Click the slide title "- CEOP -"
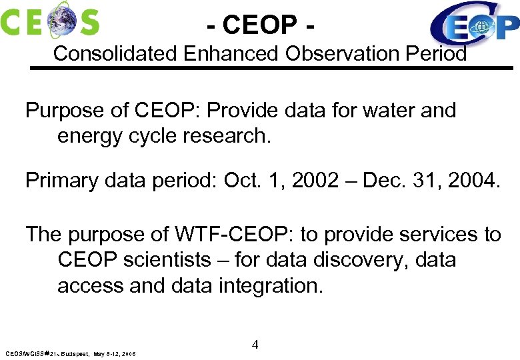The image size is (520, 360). [260, 25]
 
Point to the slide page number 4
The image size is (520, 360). [255, 345]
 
